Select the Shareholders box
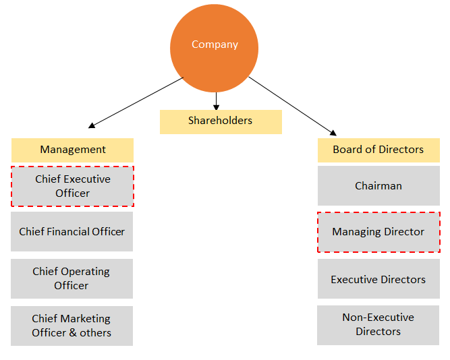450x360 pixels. coord(221,121)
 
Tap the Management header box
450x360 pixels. coord(72,150)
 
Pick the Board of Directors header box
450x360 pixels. coord(378,150)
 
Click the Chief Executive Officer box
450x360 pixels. coord(72,186)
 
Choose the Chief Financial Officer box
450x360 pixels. coord(72,232)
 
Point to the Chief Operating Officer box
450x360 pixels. coord(72,278)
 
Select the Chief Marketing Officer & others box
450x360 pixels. coord(72,326)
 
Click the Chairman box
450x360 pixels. coord(378,186)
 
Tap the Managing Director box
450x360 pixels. coord(378,232)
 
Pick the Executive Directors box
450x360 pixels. coord(378,279)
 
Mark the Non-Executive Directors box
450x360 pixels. coord(378,324)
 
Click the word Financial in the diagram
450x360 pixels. coord(73,232)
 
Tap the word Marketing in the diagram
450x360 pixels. coord(85,318)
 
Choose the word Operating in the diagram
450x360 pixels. coord(84,271)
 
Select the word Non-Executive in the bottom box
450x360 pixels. coord(378,317)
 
